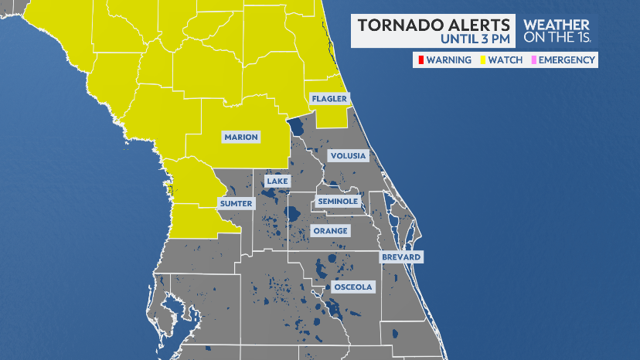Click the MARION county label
[241, 138]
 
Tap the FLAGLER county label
[329, 99]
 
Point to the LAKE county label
[277, 182]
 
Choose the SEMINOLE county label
[338, 202]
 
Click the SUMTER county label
[236, 203]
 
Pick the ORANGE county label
[330, 231]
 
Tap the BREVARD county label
[400, 256]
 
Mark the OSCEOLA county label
[352, 287]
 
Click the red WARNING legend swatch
[420, 60]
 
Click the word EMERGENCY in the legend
[567, 60]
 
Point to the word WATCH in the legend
[505, 60]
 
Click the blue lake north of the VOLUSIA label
[296, 127]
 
